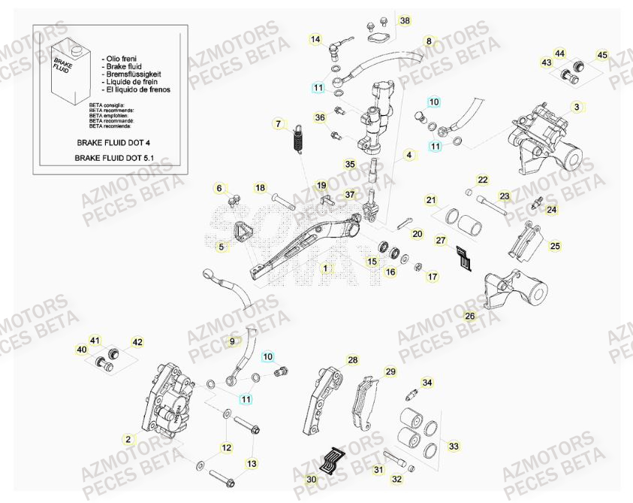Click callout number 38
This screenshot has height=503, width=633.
coord(405,21)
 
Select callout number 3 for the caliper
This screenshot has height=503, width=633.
coord(577,108)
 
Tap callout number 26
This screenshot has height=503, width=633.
coord(470,317)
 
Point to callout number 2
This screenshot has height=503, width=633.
coord(128,438)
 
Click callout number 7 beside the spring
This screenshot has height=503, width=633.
coord(278,123)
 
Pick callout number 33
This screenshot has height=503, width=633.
coord(454,447)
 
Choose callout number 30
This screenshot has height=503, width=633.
coord(311,479)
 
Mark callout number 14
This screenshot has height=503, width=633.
coord(315,39)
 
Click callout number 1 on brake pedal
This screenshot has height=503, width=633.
coord(326,268)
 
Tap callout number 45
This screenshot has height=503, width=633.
coord(602,55)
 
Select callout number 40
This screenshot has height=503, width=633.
coord(82,350)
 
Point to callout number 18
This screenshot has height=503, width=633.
coord(239,188)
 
